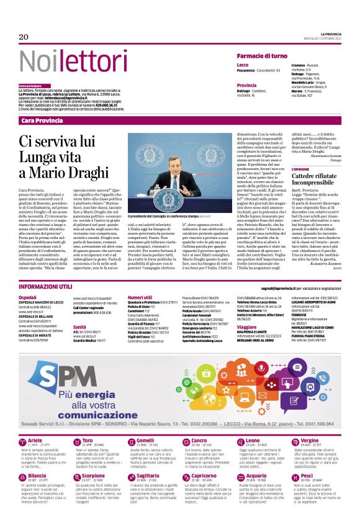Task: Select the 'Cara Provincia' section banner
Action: (x=42, y=120)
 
